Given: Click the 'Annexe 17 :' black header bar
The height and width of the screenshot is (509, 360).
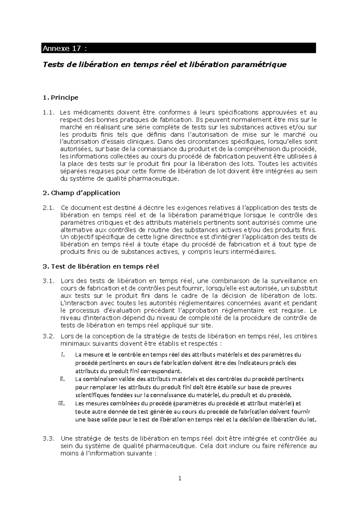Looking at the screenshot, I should [x=178, y=48].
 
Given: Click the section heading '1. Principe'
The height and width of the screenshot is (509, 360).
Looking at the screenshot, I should [x=61, y=98].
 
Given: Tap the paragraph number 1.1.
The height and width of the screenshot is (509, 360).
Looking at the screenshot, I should [x=49, y=113].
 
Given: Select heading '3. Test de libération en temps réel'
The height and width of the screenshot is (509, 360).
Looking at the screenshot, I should [x=101, y=266].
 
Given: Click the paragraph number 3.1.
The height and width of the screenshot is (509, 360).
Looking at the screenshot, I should [x=49, y=281].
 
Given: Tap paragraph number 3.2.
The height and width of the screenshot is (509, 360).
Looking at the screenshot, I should [x=49, y=336].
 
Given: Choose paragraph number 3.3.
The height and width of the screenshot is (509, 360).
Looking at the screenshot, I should [x=49, y=438].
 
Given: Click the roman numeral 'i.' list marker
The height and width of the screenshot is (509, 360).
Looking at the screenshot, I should [x=63, y=355].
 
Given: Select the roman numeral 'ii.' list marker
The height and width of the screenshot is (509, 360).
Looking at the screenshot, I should [x=62, y=379].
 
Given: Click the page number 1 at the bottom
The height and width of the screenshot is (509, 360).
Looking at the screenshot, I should [x=180, y=479].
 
